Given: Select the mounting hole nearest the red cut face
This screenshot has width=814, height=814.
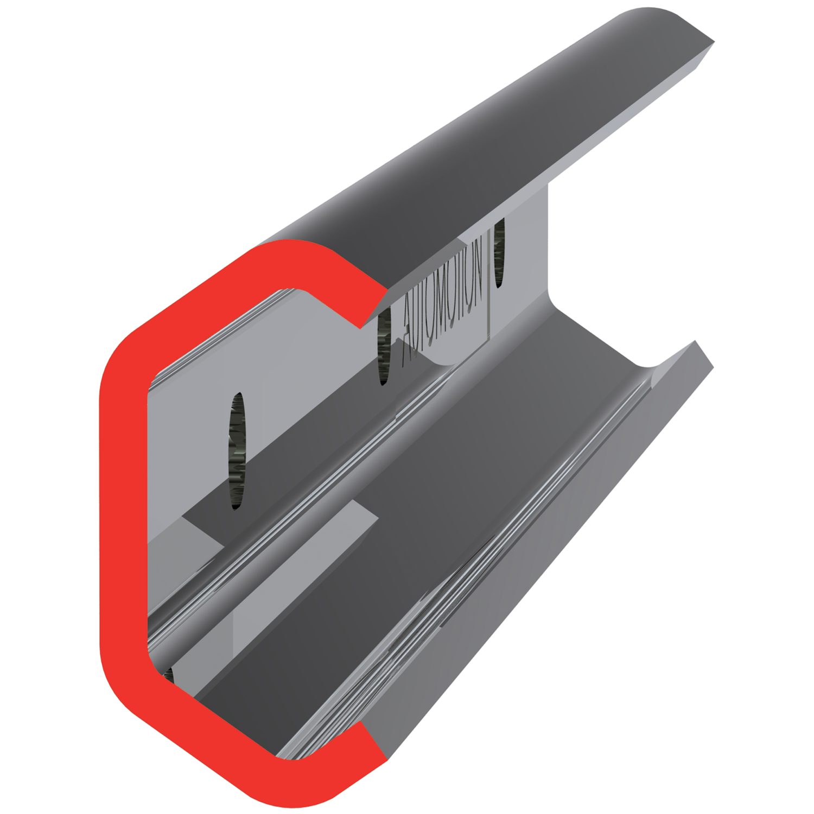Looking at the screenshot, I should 237,450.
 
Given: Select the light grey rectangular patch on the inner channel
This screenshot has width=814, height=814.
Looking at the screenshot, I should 304,532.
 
